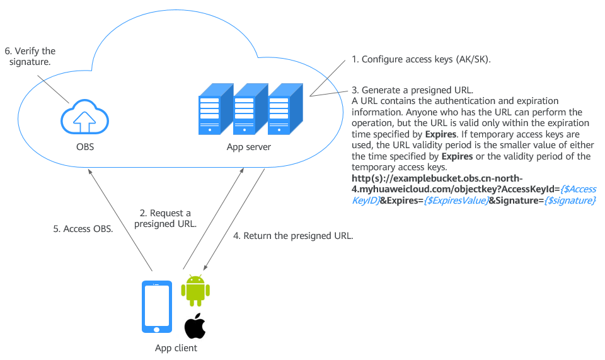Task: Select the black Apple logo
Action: click(x=195, y=326)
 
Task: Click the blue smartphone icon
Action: click(x=156, y=307)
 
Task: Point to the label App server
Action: click(x=249, y=148)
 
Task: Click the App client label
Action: click(x=176, y=348)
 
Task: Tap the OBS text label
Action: click(x=84, y=148)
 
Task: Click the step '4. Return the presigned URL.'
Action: click(x=293, y=236)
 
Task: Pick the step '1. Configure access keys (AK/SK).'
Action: click(x=421, y=60)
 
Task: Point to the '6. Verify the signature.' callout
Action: click(x=30, y=56)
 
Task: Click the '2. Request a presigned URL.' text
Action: click(x=165, y=218)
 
